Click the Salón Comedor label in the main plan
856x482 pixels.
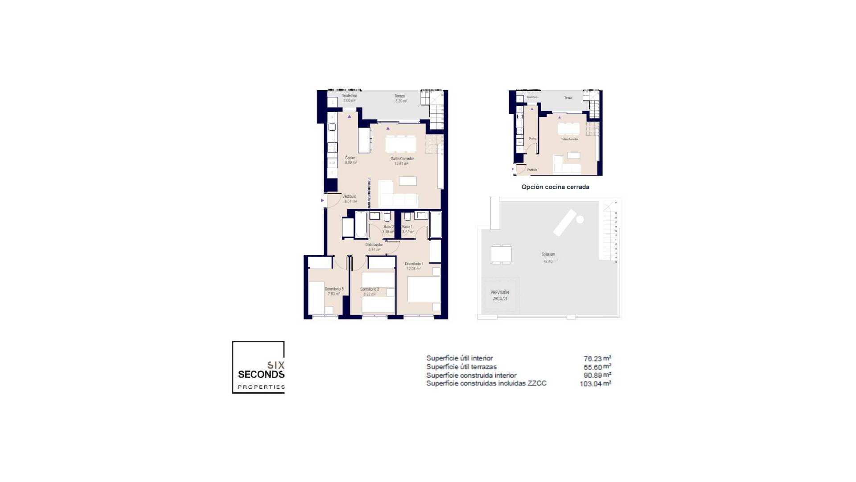pos(402,161)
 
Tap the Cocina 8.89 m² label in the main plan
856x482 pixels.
pos(350,160)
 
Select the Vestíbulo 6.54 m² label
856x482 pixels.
pos(350,199)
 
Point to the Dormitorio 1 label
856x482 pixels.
pos(414,266)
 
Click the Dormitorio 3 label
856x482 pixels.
pos(334,291)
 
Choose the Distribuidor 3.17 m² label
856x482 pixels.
pos(374,247)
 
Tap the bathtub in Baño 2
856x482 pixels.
pos(361,224)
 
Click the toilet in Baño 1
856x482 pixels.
pos(407,217)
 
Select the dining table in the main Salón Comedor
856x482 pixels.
pos(400,144)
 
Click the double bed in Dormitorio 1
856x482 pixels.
pos(424,289)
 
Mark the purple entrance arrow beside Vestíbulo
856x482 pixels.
pos(322,201)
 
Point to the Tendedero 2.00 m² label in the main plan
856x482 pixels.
pos(349,98)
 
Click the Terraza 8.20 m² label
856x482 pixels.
pos(400,99)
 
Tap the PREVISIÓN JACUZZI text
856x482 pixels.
pos(500,295)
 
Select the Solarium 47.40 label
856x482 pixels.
pos(548,258)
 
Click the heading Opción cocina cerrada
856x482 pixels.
pos(555,187)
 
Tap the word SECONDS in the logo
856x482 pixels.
pos(261,374)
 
